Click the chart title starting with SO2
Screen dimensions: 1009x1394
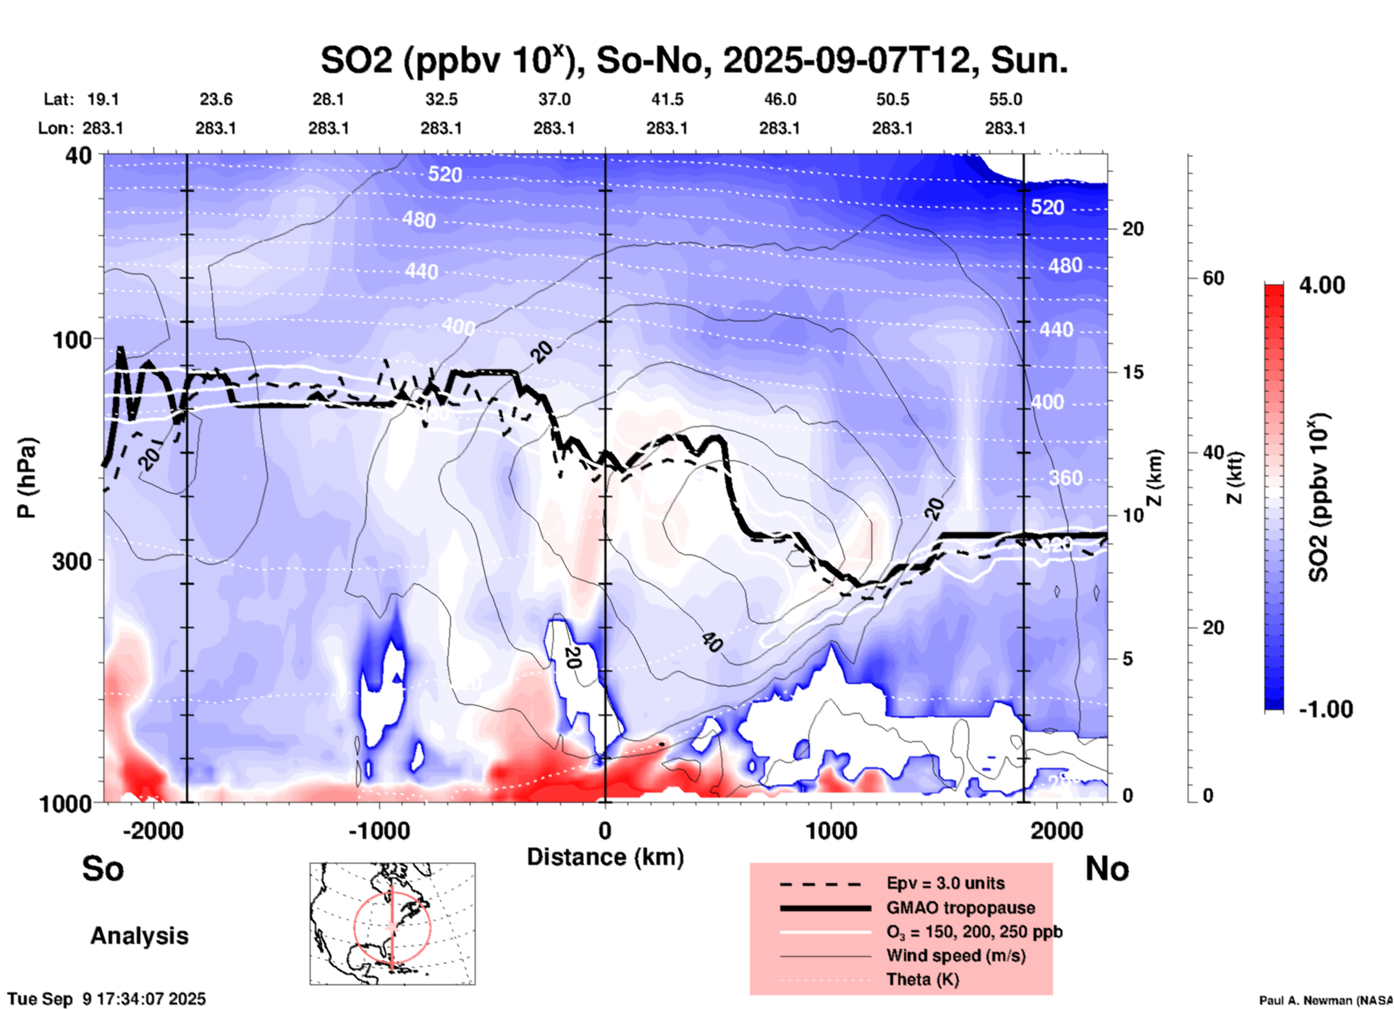(693, 61)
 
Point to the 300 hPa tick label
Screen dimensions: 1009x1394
(72, 561)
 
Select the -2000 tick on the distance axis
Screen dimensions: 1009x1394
(153, 830)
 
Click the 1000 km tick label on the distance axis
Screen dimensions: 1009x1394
(830, 830)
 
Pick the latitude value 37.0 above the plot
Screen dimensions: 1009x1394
(554, 99)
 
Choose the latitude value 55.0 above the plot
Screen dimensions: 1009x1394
(1005, 99)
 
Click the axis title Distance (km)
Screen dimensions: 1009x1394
(605, 857)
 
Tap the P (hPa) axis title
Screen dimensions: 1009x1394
(27, 478)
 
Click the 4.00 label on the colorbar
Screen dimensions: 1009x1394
(1322, 285)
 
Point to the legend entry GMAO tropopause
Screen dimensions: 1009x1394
(960, 908)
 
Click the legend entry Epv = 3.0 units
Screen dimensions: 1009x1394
(945, 883)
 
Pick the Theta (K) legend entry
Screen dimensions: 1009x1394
(922, 979)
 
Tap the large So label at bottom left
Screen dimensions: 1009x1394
(103, 869)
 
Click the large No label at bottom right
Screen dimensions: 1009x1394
(1107, 869)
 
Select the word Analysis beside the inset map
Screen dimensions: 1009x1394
(139, 936)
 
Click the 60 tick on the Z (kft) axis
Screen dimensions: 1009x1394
(1213, 278)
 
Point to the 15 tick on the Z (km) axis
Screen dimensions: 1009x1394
(1132, 372)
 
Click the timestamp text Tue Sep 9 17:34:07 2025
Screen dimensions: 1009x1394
(107, 999)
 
